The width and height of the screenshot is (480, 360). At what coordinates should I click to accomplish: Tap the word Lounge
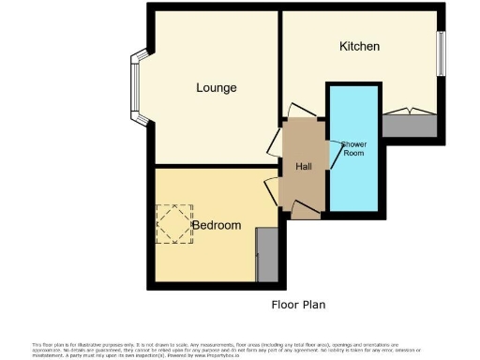(x=216, y=88)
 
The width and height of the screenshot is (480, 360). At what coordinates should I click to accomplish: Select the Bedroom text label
(x=217, y=225)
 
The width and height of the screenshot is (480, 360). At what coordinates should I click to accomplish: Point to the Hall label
(x=303, y=166)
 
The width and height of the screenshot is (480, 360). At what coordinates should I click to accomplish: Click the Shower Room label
(x=353, y=148)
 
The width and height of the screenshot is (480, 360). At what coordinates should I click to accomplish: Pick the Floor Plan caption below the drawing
(x=298, y=305)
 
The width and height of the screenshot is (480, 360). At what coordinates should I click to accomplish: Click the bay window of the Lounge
(x=136, y=89)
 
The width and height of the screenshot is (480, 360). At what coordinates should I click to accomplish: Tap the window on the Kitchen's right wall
(x=441, y=53)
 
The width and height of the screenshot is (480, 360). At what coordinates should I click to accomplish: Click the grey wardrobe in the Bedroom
(x=267, y=255)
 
